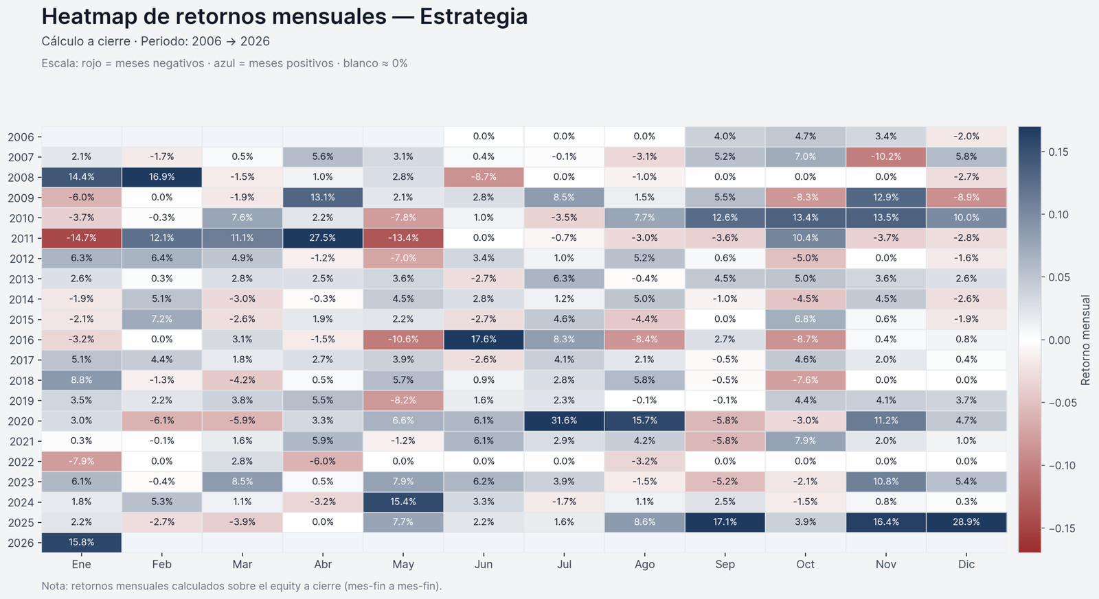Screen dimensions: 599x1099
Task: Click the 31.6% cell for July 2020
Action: (x=564, y=421)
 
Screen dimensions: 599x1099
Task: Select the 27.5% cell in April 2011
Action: (x=323, y=238)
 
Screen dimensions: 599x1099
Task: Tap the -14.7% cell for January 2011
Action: (x=81, y=238)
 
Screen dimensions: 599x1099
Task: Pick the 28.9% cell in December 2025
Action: (x=966, y=522)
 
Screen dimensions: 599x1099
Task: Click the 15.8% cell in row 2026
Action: (x=81, y=542)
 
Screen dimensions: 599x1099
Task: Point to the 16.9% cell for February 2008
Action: (x=161, y=177)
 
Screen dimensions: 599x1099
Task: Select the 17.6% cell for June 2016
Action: (x=484, y=340)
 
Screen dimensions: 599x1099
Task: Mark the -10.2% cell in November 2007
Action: (x=885, y=156)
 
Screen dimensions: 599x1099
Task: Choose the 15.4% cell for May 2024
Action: (x=403, y=502)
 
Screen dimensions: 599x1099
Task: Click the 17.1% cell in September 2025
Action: (x=725, y=522)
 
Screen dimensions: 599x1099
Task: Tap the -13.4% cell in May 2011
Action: (x=403, y=238)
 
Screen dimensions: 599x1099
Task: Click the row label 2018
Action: (x=21, y=381)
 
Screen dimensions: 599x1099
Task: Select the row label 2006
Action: (x=21, y=137)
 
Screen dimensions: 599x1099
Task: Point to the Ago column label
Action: (x=644, y=564)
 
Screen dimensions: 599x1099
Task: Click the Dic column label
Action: (x=966, y=564)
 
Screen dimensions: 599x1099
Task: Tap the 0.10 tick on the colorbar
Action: (x=1058, y=215)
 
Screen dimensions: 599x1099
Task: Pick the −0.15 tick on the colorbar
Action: (x=1062, y=528)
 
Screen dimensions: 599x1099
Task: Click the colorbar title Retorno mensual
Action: (x=1085, y=340)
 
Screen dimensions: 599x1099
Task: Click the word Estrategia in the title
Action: (x=473, y=16)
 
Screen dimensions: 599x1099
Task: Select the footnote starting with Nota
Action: (x=241, y=586)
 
